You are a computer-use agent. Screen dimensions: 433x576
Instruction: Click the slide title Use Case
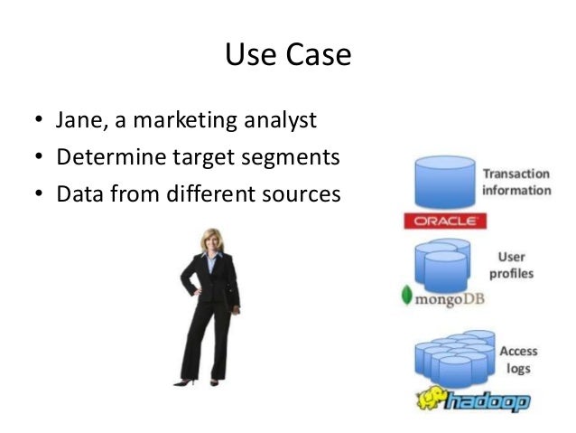287,56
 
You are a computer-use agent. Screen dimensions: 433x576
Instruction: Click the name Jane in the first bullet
79,121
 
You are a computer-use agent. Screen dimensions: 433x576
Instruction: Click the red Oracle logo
445,221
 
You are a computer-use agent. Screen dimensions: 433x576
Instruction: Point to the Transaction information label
516,182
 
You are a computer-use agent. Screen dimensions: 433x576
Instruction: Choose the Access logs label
517,360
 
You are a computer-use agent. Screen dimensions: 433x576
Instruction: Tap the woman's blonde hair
211,238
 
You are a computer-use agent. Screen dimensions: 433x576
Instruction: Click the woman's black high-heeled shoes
202,382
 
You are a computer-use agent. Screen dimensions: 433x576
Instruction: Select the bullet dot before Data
38,193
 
